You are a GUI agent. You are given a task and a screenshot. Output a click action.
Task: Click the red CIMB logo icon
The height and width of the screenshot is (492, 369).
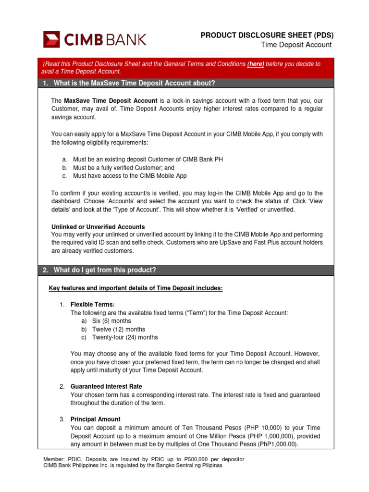(x=51, y=39)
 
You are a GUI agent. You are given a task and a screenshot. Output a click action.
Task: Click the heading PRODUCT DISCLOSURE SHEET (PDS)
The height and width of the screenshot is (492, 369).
(x=267, y=35)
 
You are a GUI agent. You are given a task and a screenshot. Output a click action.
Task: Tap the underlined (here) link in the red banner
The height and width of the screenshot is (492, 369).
(x=256, y=64)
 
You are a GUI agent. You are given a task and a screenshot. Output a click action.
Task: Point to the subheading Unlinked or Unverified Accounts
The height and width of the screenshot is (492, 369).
(x=98, y=227)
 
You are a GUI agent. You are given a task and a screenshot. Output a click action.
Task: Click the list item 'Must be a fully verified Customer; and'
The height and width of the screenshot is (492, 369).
(x=123, y=168)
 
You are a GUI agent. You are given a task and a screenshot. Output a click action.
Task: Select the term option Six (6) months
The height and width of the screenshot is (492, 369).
(x=111, y=321)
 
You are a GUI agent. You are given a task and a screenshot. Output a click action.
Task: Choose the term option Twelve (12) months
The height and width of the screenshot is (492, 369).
(x=119, y=329)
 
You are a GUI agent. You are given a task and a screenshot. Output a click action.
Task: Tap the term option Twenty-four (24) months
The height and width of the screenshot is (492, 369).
(x=125, y=337)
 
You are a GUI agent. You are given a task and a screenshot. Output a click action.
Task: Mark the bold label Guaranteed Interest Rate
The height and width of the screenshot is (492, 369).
(x=106, y=386)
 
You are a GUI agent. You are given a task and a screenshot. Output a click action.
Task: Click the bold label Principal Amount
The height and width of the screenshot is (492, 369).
(x=95, y=419)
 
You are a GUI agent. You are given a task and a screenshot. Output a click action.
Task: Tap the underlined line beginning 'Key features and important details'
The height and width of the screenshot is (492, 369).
(x=136, y=288)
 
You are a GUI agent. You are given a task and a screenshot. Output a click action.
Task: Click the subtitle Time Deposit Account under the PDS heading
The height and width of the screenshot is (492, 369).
(x=296, y=45)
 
